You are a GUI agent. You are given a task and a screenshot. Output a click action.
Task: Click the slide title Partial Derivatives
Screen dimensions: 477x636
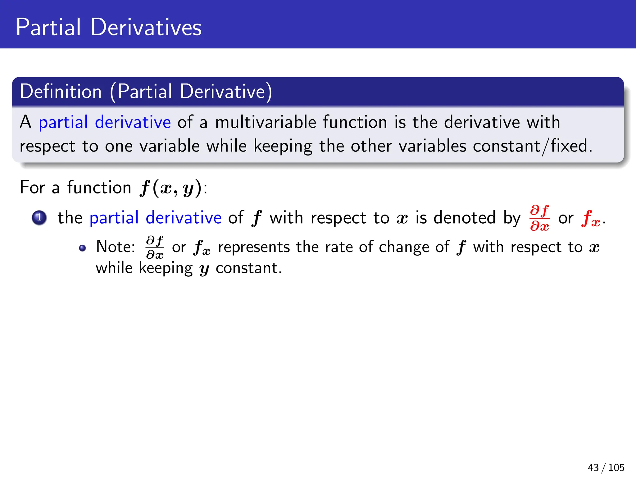coord(108,27)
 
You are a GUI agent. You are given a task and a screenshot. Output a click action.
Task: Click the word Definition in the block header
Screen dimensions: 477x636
coord(61,92)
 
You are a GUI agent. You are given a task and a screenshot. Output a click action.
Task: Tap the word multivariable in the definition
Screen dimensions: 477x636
coord(266,122)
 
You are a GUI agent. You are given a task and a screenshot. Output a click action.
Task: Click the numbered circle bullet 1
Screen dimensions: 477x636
coord(39,218)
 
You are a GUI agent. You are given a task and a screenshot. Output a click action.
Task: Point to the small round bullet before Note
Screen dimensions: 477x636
coord(82,248)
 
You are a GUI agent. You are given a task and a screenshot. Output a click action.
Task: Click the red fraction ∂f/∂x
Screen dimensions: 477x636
coord(539,218)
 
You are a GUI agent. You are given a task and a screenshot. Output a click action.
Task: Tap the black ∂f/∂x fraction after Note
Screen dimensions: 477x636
coord(155,247)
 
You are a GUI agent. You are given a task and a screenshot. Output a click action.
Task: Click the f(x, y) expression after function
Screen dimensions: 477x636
coord(170,188)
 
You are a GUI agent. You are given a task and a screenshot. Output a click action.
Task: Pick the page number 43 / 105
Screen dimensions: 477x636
coord(606,467)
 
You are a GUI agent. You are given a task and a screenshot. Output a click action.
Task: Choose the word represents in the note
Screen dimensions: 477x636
coord(254,248)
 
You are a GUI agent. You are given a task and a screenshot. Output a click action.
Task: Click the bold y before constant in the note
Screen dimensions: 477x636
coord(204,269)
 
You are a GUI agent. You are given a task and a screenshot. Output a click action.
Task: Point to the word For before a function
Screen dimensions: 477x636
coord(32,188)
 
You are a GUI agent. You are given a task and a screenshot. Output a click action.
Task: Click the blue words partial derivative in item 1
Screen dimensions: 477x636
coord(155,218)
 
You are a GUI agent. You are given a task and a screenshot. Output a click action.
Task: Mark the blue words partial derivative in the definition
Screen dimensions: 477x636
coord(105,122)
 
